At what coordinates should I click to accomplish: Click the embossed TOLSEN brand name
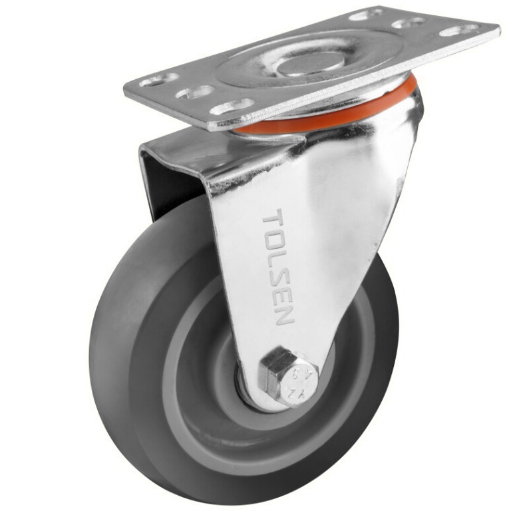coord(277,266)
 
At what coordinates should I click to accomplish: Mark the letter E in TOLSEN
coord(281,293)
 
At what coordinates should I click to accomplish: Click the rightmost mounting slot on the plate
coord(459,30)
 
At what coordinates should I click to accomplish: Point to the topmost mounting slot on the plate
coord(366,14)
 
